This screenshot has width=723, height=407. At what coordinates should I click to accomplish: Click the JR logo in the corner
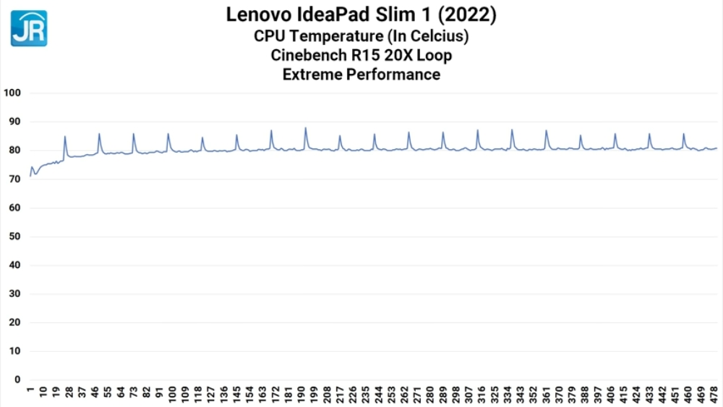point(29,28)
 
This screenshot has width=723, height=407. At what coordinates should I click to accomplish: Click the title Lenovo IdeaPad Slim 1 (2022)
point(361,14)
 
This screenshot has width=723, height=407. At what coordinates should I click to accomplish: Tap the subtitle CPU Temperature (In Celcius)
point(361,35)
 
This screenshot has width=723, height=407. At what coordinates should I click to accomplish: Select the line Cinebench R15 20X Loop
point(361,55)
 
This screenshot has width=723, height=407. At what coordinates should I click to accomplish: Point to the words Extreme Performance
point(361,74)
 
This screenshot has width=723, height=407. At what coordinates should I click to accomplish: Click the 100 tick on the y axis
point(13,93)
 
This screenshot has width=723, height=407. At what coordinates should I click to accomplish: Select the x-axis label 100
point(172,394)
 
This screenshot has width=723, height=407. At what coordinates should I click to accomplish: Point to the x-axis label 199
point(315,394)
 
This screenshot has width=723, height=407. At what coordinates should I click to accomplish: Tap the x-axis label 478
point(714,394)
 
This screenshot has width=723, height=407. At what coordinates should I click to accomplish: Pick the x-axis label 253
point(391,394)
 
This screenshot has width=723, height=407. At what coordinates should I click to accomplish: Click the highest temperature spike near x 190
point(306,128)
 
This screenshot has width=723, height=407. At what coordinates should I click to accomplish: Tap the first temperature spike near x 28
point(65,136)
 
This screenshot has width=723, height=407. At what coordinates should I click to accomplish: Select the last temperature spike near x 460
point(684,134)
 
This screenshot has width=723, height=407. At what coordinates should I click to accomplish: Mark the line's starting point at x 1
point(30,176)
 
